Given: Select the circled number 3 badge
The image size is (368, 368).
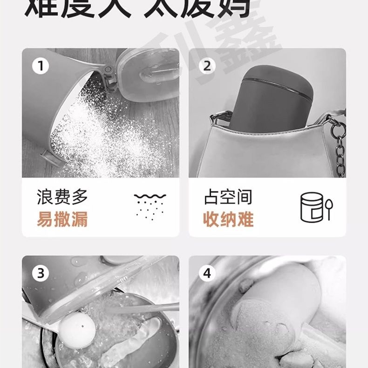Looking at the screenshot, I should pos(41,273).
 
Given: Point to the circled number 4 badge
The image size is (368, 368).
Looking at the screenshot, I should pos(207,273).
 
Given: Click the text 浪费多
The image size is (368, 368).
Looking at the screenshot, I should pos(62,197).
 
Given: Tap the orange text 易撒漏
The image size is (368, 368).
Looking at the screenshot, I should pos(62,219).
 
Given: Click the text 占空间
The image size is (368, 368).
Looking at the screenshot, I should pos(228,197).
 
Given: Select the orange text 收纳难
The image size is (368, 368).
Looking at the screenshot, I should pos(228,219).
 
